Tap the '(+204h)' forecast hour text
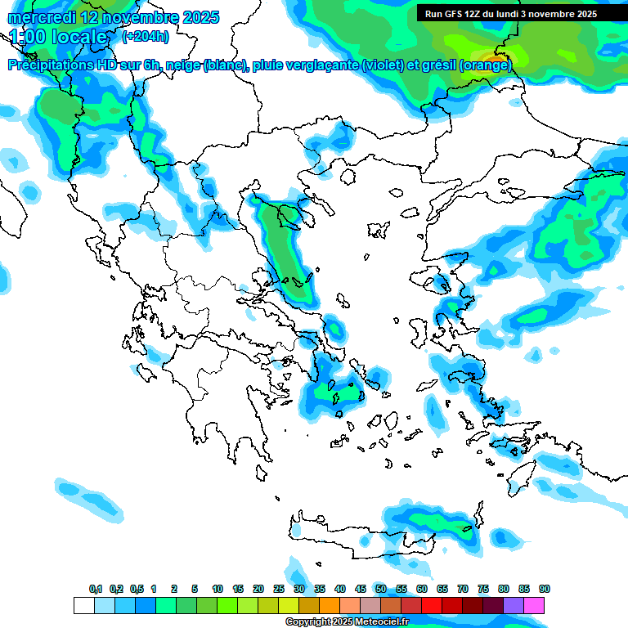click(x=146, y=36)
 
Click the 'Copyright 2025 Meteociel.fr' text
click(x=347, y=622)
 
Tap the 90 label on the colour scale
click(x=545, y=589)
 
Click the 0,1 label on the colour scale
click(x=96, y=589)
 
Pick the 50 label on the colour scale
click(x=381, y=589)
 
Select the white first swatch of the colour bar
click(x=84, y=606)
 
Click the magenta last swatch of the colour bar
click(x=534, y=606)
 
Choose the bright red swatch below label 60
click(x=432, y=606)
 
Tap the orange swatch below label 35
click(x=330, y=606)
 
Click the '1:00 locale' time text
click(x=58, y=37)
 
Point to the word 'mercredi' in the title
click(x=43, y=17)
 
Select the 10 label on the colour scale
click(x=218, y=589)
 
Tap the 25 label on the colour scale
click(x=279, y=589)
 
